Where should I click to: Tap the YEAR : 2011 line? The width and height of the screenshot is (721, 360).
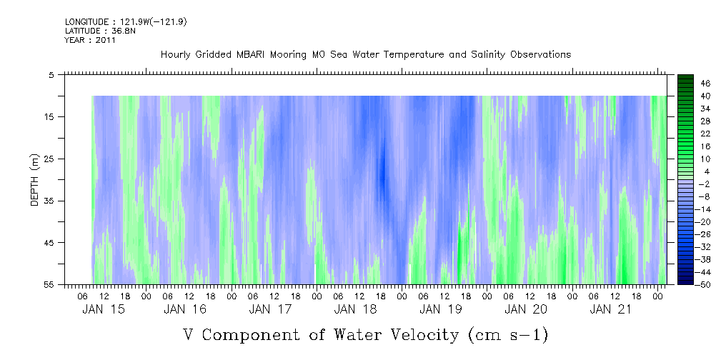[90, 40]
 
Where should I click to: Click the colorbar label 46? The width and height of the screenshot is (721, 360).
[686, 83]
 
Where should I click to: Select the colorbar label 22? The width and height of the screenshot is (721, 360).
[686, 134]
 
